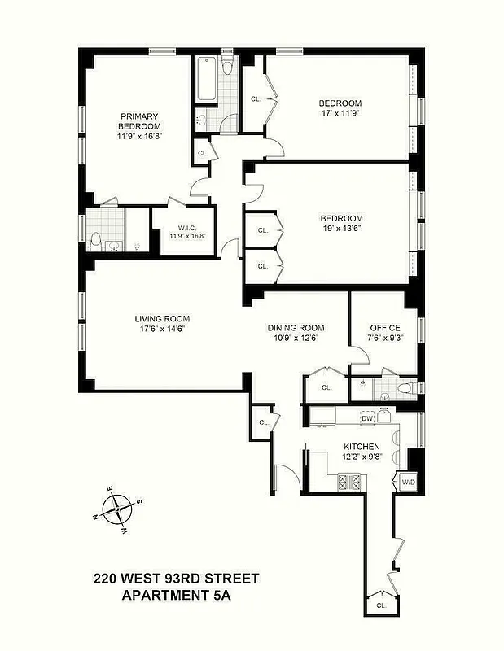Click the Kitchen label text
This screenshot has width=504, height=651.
click(x=362, y=447)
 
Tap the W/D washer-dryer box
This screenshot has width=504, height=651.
click(x=408, y=483)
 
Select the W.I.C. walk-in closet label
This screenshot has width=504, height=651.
click(x=186, y=228)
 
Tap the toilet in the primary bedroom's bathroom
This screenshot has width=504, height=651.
click(x=96, y=242)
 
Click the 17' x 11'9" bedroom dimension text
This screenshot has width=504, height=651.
click(x=340, y=115)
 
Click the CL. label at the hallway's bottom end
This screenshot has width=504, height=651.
click(x=381, y=606)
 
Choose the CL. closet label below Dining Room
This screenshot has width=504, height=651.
click(x=327, y=388)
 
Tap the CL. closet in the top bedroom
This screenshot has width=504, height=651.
click(x=255, y=98)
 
